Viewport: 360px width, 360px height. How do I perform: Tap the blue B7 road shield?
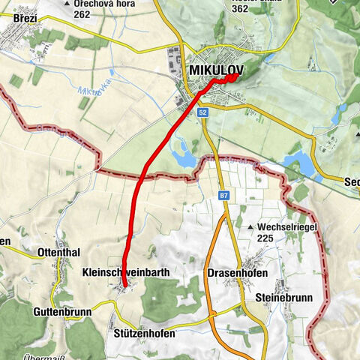pos(223,196)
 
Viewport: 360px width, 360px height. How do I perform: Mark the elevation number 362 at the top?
pos(240,9)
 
